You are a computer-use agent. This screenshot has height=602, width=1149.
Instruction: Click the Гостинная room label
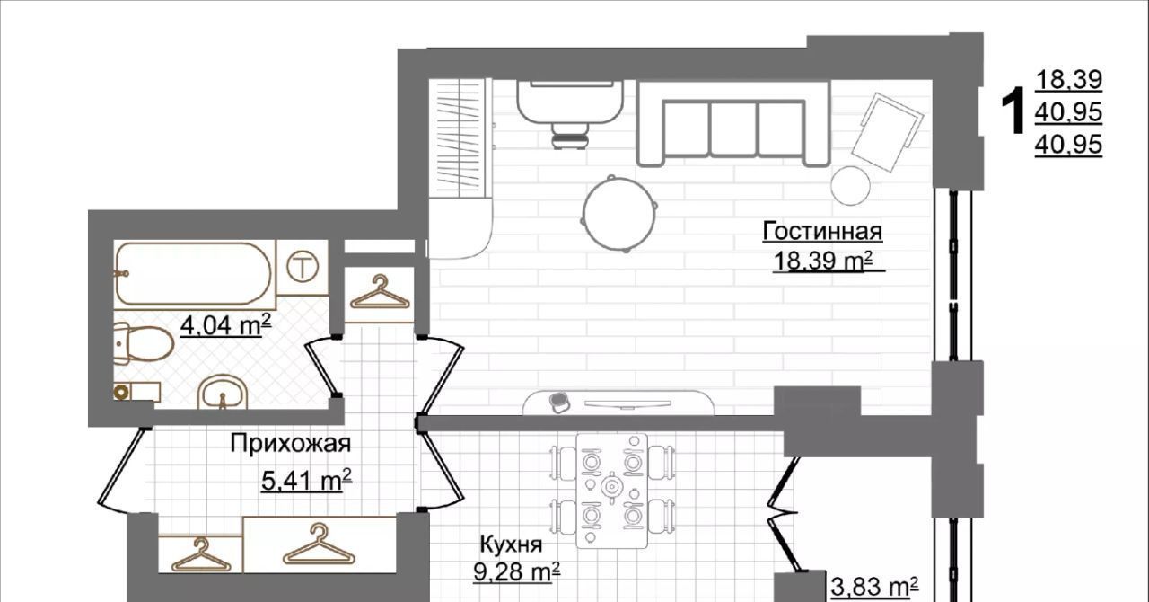(x=822, y=231)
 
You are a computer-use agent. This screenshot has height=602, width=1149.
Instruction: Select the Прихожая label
(x=290, y=443)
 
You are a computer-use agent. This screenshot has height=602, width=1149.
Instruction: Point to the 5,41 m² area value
(x=307, y=481)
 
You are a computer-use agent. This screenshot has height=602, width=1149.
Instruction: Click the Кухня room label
(x=511, y=544)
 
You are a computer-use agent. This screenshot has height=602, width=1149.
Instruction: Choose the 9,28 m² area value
(x=516, y=571)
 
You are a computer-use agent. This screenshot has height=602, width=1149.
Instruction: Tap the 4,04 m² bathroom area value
(x=225, y=325)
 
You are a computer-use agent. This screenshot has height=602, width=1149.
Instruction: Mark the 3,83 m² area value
(x=874, y=586)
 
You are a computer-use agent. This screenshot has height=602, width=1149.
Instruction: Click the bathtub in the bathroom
(x=193, y=274)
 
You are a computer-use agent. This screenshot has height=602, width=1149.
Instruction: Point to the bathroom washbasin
(x=223, y=393)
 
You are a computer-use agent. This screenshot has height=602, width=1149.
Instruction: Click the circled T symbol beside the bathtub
(x=303, y=267)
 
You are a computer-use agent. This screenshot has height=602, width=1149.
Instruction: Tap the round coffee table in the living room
(x=619, y=214)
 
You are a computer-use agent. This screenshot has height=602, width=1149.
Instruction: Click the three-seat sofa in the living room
(x=733, y=124)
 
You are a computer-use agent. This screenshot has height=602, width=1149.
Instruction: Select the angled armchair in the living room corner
(x=888, y=132)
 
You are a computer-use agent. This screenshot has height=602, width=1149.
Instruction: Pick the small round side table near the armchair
(x=850, y=186)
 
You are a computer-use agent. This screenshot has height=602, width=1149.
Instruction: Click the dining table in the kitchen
(x=611, y=491)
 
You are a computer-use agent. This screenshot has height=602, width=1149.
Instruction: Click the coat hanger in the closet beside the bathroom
(x=380, y=292)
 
